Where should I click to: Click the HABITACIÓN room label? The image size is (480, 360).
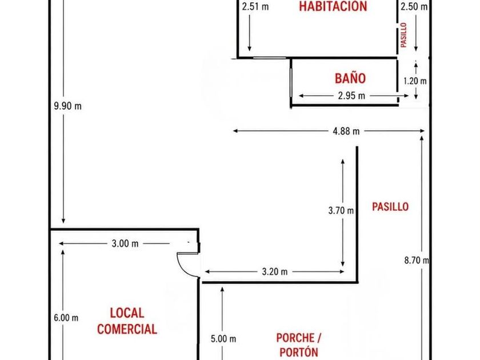click(x=333, y=6)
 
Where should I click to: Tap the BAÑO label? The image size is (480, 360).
click(x=350, y=78)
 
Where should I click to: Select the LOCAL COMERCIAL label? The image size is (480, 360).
click(x=127, y=321)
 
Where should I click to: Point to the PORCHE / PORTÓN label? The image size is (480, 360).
click(x=299, y=345)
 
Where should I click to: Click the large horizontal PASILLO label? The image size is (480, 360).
click(x=390, y=207)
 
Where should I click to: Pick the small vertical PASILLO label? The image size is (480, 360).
click(x=404, y=35)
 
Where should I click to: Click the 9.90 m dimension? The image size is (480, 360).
click(x=67, y=106)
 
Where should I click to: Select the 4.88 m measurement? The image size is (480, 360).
click(x=346, y=131)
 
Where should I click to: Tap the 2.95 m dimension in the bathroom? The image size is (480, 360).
click(x=351, y=96)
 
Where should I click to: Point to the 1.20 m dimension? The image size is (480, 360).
click(x=415, y=81)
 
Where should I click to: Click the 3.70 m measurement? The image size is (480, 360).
click(x=341, y=210)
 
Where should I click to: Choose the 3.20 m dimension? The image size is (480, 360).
click(x=275, y=271)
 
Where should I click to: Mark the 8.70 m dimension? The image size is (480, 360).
click(x=417, y=260)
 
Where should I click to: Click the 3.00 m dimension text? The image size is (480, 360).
click(x=125, y=243)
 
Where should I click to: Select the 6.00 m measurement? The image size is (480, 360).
click(x=66, y=318)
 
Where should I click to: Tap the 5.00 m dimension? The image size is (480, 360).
click(x=223, y=339)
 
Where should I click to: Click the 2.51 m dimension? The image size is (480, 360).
click(x=255, y=6)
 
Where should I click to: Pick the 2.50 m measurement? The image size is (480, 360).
click(x=414, y=6)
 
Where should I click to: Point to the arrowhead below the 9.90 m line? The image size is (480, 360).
click(x=63, y=221)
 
